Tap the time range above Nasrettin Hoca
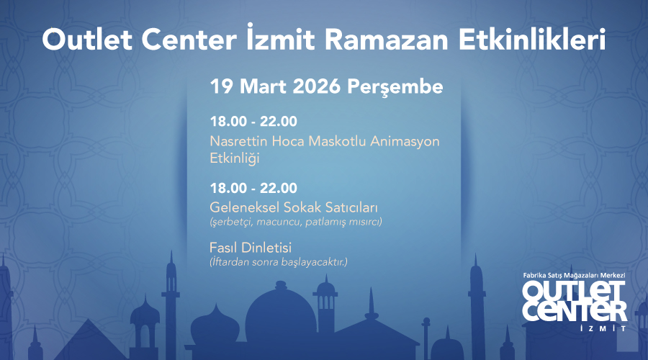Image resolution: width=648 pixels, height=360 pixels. (253, 121)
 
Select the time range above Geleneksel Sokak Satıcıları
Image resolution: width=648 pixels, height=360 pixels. (253, 189)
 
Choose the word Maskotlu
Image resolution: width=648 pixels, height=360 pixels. (337, 140)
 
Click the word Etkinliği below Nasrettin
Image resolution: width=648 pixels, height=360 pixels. (235, 158)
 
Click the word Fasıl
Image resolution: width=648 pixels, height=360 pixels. (223, 248)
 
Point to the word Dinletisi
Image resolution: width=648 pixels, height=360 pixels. (265, 248)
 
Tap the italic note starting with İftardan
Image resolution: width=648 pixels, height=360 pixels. (278, 261)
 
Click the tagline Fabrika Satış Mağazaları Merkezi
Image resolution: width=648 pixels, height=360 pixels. (575, 276)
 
